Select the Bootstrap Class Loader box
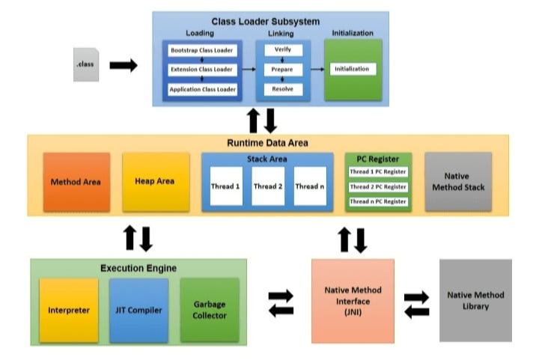click(202, 51)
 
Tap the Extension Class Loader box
click(202, 70)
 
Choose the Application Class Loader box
click(202, 89)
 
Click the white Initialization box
click(352, 70)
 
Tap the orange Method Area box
click(76, 182)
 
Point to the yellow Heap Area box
click(155, 182)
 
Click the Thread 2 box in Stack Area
click(268, 186)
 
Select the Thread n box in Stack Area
click(310, 186)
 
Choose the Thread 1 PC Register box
click(378, 172)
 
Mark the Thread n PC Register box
click(378, 201)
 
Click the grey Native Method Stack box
click(458, 182)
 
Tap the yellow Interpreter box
click(69, 310)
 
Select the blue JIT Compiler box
click(138, 310)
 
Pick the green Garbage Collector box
click(210, 310)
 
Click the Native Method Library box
click(475, 301)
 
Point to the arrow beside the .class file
click(124, 66)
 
